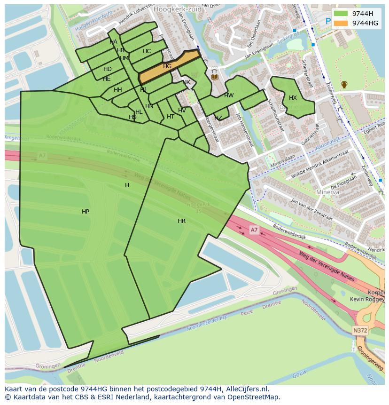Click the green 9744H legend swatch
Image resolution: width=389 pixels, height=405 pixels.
click(341, 14)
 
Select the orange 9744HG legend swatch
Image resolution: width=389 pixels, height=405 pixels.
click(341, 23)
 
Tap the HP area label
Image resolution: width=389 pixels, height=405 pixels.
click(86, 212)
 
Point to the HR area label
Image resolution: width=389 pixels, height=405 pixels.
click(181, 221)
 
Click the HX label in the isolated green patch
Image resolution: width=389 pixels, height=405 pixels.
click(293, 98)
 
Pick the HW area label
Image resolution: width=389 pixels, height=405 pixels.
click(229, 95)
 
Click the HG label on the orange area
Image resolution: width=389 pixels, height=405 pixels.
click(167, 66)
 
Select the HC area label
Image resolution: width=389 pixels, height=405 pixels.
click(147, 51)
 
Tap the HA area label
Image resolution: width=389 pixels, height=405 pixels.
click(113, 42)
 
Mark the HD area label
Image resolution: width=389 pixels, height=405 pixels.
click(108, 69)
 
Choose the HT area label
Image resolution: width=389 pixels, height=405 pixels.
click(171, 117)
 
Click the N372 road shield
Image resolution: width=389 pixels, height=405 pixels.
click(360, 331)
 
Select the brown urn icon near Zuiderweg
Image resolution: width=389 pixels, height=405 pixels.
click(344, 85)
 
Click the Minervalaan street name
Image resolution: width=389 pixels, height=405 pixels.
click(282, 162)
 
